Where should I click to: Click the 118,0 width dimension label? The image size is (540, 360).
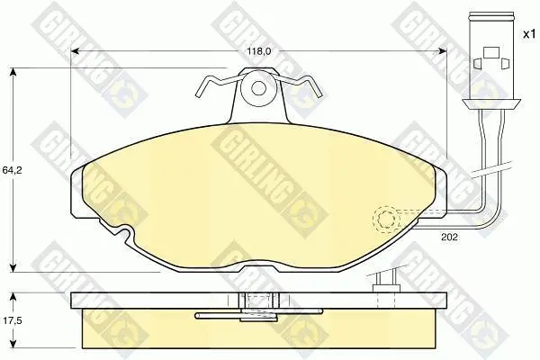click(259, 51)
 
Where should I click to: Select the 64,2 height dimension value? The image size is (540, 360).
click(12, 170)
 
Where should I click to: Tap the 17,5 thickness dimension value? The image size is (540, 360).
click(12, 320)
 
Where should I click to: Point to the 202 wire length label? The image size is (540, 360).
click(449, 237)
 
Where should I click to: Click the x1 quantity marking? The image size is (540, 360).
click(529, 34)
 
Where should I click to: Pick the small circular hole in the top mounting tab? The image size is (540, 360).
click(258, 88)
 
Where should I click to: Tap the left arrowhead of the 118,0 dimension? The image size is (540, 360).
click(75, 51)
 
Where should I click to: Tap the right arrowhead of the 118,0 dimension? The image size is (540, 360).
click(442, 51)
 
